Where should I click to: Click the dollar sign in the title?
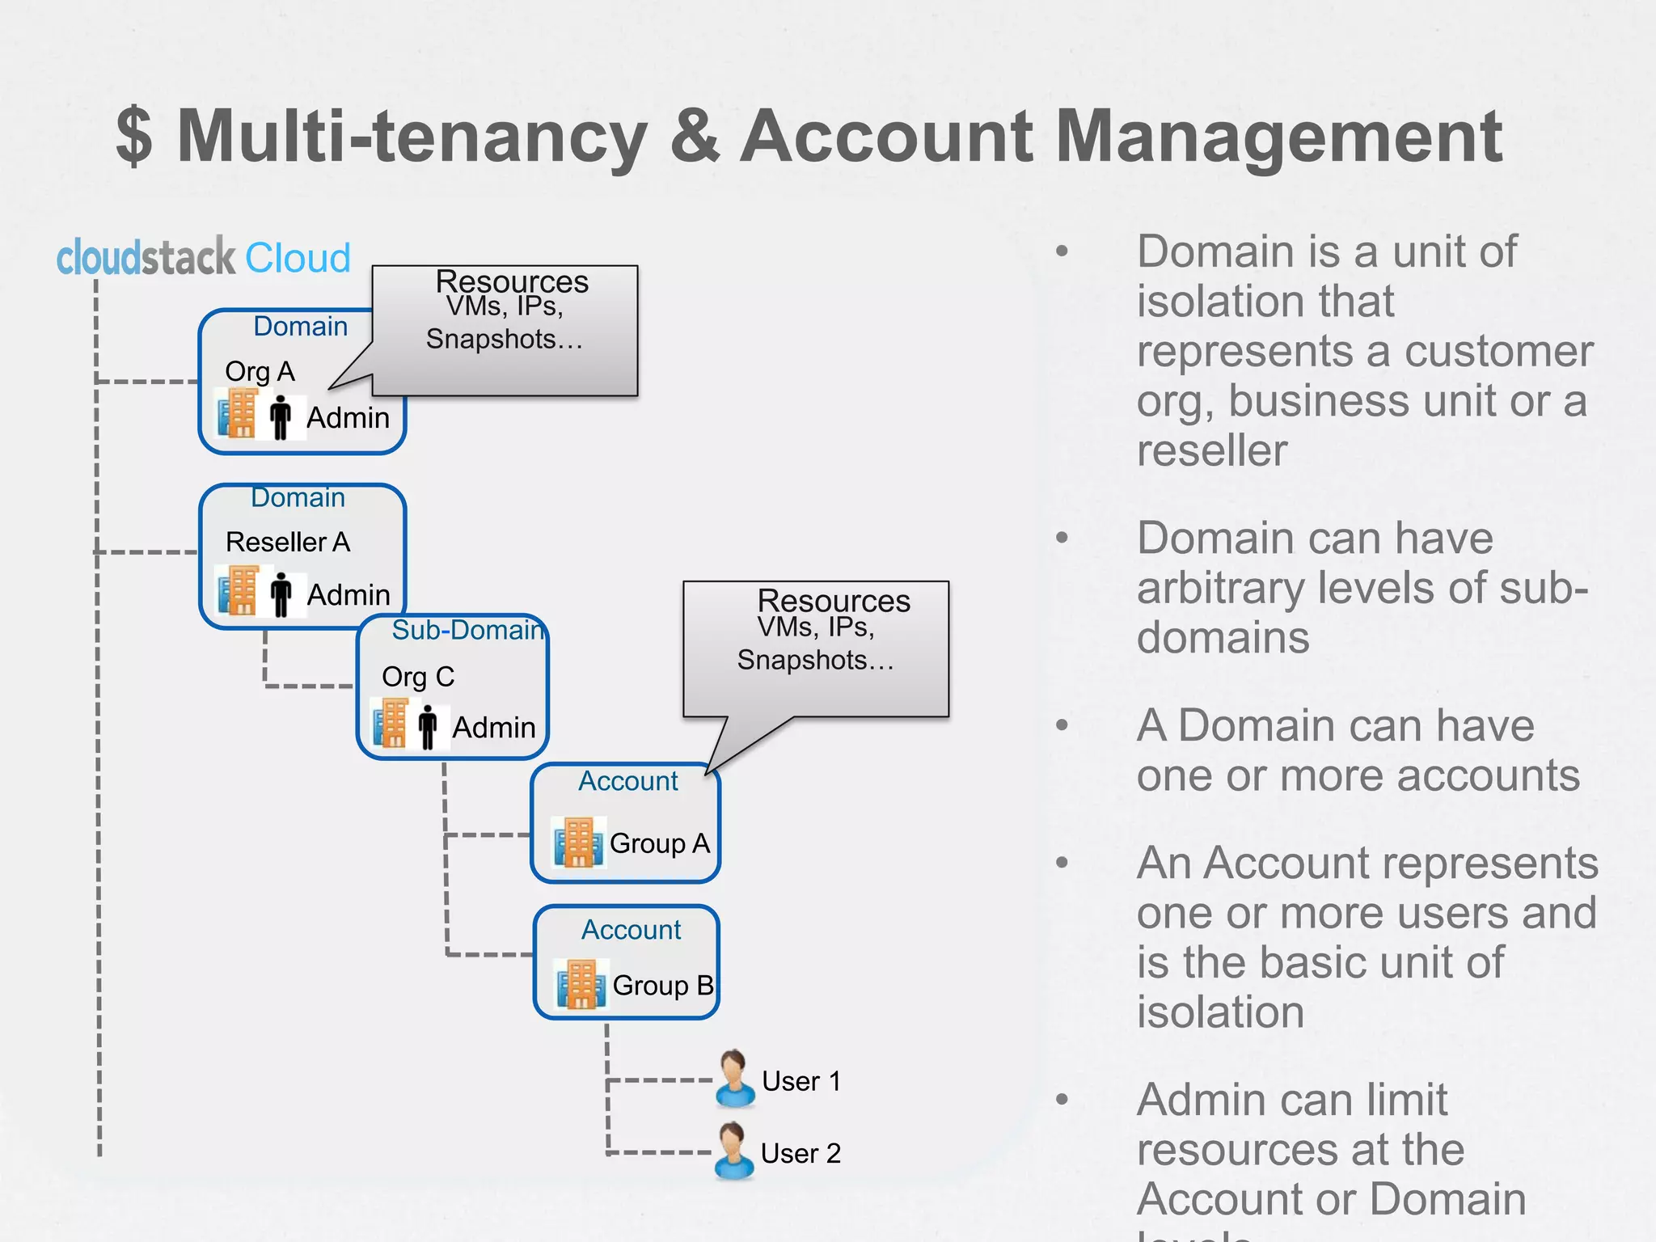pyautogui.click(x=134, y=137)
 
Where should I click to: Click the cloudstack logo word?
pyautogui.click(x=146, y=258)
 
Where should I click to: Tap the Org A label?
pyautogui.click(x=260, y=371)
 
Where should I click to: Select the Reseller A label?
pyautogui.click(x=287, y=542)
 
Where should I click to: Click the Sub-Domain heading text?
pyautogui.click(x=467, y=630)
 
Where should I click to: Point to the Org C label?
pyautogui.click(x=418, y=677)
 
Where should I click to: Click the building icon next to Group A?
pyautogui.click(x=578, y=842)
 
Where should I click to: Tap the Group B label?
pyautogui.click(x=662, y=986)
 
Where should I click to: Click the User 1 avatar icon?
pyautogui.click(x=734, y=1079)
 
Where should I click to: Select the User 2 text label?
pyautogui.click(x=801, y=1153)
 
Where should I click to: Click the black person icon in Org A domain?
pyautogui.click(x=281, y=417)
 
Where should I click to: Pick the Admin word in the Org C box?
pyautogui.click(x=493, y=728)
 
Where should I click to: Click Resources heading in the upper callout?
pyautogui.click(x=512, y=281)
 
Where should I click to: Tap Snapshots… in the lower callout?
pyautogui.click(x=815, y=660)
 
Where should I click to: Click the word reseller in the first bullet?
pyautogui.click(x=1211, y=450)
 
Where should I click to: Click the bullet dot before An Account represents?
pyautogui.click(x=1062, y=863)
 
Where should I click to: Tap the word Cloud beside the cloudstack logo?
pyautogui.click(x=298, y=259)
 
